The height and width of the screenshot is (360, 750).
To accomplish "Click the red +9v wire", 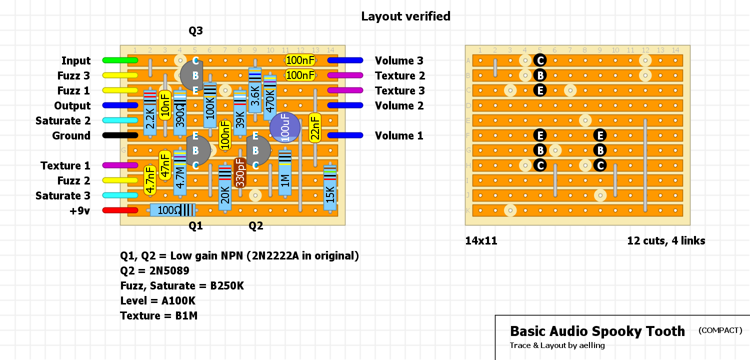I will point(120,210).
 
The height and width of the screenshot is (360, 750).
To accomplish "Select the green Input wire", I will point(120,60).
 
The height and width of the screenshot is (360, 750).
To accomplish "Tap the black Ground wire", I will point(120,135).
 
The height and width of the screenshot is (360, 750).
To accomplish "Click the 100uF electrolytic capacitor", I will point(285,127).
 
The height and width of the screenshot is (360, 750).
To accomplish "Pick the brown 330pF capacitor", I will point(240,172).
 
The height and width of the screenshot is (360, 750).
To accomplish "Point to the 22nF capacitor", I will point(315,128).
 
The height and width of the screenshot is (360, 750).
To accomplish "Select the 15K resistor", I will point(330,187).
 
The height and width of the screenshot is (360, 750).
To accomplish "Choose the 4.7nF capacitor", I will point(149,180).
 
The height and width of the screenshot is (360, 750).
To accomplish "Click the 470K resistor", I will point(270,98).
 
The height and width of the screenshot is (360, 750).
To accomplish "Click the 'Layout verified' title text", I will point(405,16).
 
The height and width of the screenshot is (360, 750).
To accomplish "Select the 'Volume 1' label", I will point(399,135).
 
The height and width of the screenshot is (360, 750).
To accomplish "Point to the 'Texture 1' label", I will point(65,165).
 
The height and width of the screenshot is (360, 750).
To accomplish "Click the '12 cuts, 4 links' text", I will point(666,241).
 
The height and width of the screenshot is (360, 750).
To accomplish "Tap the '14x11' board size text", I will point(481,241).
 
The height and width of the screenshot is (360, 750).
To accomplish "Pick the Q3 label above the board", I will point(195,31).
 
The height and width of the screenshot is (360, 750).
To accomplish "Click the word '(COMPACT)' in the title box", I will point(720,330).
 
